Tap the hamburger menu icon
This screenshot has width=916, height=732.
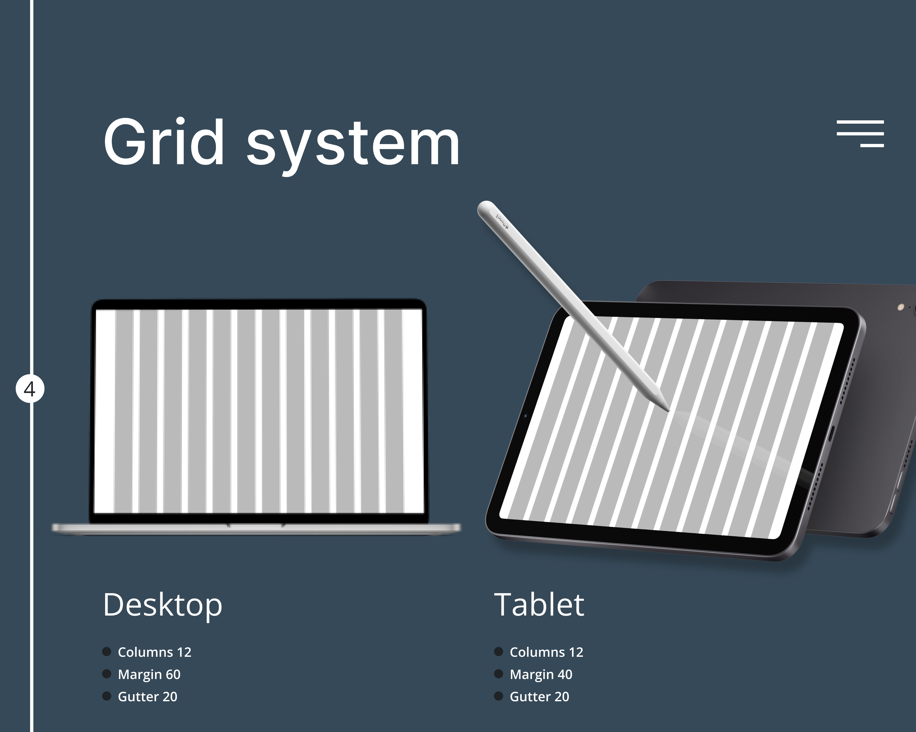860,133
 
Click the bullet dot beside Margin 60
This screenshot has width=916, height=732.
107,674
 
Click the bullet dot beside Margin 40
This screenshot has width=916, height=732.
498,674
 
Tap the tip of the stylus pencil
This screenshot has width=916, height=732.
668,410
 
